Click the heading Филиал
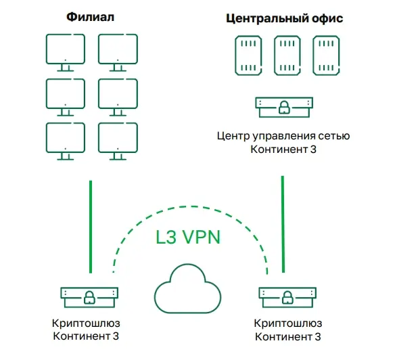point(91,17)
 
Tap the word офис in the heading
point(327,18)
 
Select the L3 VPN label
point(188,237)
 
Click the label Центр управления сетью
point(283,136)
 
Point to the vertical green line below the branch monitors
point(91,227)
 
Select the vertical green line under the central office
point(283,224)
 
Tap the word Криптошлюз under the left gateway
point(86,323)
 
